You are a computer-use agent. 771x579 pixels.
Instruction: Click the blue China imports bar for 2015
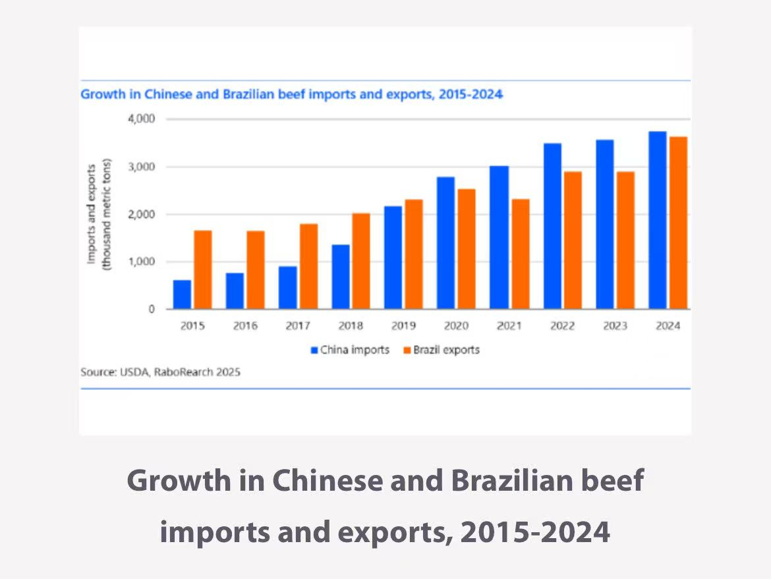[x=182, y=294]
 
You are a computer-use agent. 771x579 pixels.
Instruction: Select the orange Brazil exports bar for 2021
[x=520, y=254]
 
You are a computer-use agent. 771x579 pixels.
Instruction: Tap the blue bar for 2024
[x=657, y=220]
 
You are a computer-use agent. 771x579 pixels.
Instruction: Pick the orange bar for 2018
[x=361, y=261]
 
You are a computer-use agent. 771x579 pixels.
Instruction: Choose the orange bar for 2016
[x=256, y=269]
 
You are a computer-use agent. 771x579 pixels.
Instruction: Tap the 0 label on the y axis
[x=151, y=309]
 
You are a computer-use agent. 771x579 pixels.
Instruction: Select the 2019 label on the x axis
[x=403, y=326]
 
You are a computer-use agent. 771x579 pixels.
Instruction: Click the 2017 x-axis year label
[x=298, y=326]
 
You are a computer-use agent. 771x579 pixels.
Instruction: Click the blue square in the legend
[x=315, y=350]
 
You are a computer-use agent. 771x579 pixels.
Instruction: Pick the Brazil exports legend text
[x=446, y=350]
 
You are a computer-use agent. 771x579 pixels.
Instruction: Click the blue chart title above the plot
[x=291, y=94]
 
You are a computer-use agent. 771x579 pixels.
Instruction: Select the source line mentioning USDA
[x=160, y=372]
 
